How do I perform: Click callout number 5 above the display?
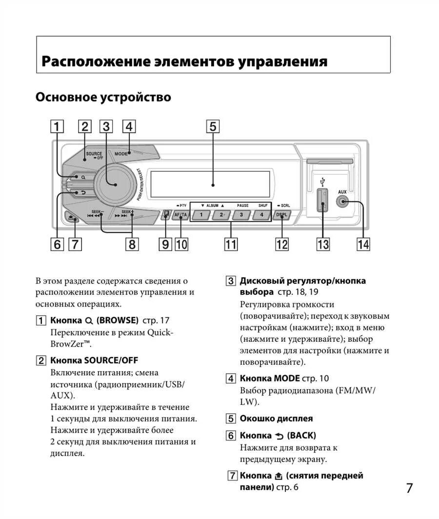(213, 126)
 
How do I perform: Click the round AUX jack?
(342, 201)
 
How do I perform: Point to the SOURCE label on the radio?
(94, 154)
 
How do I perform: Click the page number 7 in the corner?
(409, 488)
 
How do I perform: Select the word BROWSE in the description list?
(118, 321)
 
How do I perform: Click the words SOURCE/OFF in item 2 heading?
(111, 360)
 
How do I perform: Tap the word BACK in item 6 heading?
(301, 436)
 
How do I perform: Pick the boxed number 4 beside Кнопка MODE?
(231, 378)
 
